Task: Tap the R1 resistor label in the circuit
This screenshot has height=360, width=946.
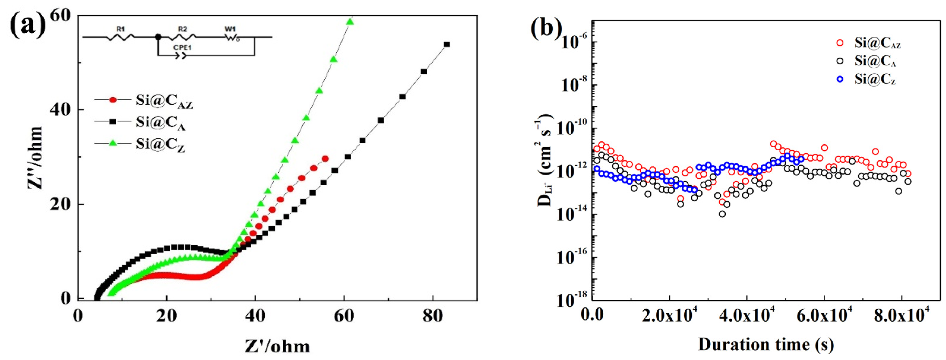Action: [120, 29]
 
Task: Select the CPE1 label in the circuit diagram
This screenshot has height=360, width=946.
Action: [183, 48]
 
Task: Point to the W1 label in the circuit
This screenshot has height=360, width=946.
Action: [231, 29]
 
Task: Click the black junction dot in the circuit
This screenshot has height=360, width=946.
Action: [158, 37]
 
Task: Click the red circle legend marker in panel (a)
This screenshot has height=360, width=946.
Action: [113, 100]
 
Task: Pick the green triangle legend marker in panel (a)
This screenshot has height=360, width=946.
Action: [113, 143]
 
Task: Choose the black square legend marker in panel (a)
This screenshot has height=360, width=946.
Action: [113, 121]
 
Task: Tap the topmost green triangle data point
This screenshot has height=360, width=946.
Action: [350, 22]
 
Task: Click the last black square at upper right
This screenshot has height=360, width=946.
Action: [447, 44]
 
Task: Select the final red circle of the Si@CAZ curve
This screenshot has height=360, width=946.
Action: [325, 159]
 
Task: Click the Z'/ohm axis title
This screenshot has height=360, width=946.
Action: [277, 346]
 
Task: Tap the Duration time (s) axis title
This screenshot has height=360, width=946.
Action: [766, 344]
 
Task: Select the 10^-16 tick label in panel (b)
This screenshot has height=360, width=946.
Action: [574, 258]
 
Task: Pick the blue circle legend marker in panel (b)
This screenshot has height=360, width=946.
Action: [839, 79]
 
